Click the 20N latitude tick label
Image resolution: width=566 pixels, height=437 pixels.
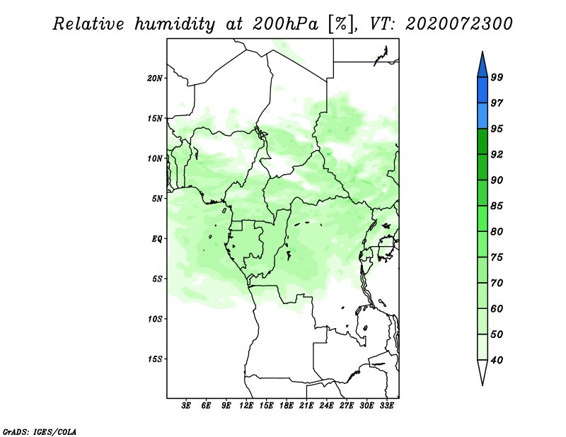(x=155, y=78)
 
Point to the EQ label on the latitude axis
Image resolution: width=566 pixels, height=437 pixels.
(x=157, y=238)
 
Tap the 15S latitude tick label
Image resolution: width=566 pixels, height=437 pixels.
(x=155, y=359)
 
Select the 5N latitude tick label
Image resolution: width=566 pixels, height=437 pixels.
(x=157, y=199)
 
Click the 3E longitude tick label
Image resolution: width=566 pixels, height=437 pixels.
(x=186, y=405)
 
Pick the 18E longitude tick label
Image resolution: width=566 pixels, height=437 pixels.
(x=287, y=405)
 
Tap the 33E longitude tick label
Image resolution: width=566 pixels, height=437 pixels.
(x=386, y=405)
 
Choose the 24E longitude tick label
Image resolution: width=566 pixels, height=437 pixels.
(x=326, y=405)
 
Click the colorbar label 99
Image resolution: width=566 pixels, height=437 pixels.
(x=497, y=77)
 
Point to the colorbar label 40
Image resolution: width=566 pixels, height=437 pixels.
(x=497, y=360)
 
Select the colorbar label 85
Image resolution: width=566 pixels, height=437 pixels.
(x=497, y=206)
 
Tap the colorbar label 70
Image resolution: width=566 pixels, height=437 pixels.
(x=497, y=283)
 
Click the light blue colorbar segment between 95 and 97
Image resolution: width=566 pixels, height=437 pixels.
(x=483, y=116)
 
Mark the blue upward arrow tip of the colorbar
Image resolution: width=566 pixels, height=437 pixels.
(x=483, y=52)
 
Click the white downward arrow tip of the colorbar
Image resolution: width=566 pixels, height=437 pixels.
(x=483, y=385)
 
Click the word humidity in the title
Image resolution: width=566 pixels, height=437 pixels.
(x=175, y=24)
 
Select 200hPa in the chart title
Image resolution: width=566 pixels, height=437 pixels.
(x=285, y=24)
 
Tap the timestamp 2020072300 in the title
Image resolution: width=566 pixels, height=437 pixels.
(x=458, y=24)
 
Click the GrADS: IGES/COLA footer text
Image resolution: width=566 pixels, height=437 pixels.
(x=40, y=432)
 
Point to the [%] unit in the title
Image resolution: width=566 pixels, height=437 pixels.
(x=342, y=24)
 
